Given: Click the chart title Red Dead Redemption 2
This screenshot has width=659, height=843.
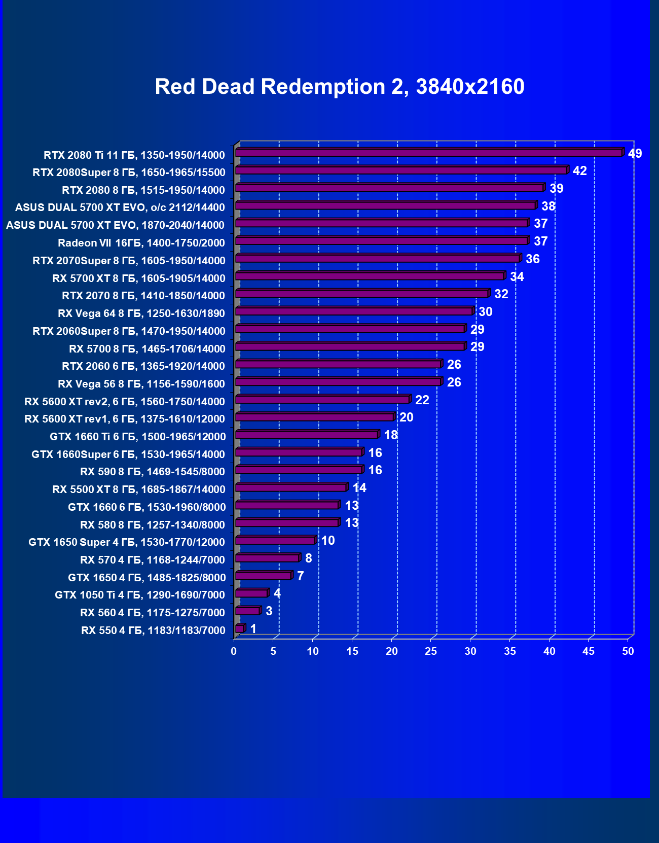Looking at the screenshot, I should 339,87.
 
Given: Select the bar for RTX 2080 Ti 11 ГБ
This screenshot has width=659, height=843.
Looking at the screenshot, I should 428,153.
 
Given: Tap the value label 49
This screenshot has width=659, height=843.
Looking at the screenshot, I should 635,153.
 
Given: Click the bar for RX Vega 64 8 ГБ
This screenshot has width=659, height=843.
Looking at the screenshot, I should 354,311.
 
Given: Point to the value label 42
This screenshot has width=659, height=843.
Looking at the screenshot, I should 579,171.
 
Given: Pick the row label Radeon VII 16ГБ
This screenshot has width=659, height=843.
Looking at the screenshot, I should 141,243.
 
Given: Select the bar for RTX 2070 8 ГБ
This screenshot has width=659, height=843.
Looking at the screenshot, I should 361,294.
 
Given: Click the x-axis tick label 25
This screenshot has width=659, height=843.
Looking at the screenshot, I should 431,651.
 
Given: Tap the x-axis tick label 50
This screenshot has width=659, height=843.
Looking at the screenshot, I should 628,651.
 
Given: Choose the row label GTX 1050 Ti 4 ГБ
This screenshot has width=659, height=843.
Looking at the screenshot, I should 140,595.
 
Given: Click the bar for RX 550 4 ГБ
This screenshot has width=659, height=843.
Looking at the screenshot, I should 240,629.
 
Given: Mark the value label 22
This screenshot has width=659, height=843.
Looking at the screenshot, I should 422,400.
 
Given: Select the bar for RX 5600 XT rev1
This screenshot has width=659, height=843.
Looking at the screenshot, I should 314,417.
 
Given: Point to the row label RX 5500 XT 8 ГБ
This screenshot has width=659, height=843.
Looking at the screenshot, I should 139,489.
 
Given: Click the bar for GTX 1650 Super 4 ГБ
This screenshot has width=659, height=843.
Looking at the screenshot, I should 275,541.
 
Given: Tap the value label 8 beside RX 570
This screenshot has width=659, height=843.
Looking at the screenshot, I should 308,558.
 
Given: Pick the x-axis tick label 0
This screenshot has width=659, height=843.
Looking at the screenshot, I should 234,651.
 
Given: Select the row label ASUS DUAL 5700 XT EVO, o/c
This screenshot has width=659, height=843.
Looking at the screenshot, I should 120,207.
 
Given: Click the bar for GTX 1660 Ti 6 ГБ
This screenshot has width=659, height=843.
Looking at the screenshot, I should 307,435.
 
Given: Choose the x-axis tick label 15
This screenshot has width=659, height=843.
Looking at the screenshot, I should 352,651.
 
